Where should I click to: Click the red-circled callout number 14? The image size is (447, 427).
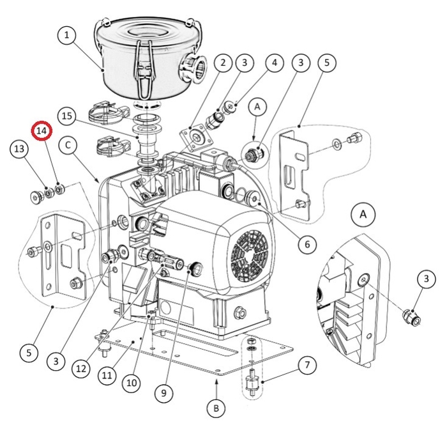(43, 130)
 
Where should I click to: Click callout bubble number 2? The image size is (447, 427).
(223, 63)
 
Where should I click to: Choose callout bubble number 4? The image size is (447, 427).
(273, 63)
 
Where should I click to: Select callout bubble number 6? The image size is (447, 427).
(306, 244)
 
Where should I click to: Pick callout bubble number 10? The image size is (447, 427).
(131, 383)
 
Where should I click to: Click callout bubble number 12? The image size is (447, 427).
(80, 368)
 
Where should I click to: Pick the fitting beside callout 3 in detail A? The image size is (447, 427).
(409, 316)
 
